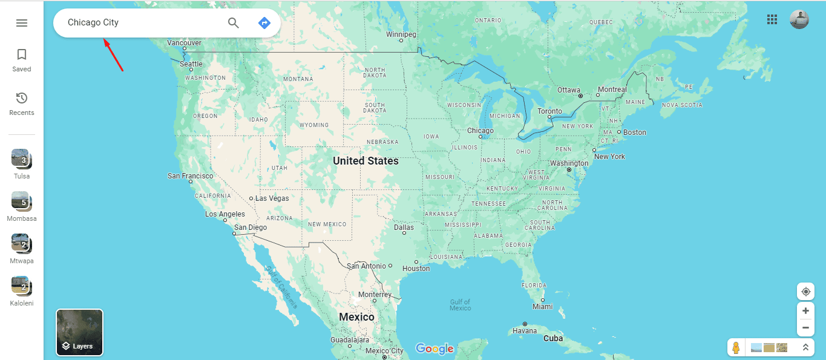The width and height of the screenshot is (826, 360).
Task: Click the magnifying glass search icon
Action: [234, 23]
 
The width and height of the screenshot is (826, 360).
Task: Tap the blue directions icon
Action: [264, 23]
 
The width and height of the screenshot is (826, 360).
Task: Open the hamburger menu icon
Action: [22, 23]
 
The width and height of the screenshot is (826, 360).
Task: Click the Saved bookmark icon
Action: [22, 55]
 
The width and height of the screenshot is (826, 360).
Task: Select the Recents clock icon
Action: [22, 99]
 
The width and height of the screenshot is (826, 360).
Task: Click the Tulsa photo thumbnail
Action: [21, 159]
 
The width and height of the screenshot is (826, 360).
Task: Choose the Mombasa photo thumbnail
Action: [21, 201]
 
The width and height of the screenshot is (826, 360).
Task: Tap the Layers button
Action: [79, 332]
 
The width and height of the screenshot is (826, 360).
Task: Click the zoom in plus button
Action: [805, 311]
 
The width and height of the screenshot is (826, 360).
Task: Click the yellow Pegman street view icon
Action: [736, 348]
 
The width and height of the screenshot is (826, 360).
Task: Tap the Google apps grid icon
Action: [772, 19]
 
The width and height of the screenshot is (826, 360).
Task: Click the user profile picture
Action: [799, 19]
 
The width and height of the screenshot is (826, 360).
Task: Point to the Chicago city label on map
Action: [480, 131]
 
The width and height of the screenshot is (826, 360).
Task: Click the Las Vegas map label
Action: [272, 198]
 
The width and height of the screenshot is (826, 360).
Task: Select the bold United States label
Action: [365, 161]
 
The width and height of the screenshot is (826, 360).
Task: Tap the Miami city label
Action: [543, 307]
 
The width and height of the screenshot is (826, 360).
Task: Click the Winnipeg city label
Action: [401, 34]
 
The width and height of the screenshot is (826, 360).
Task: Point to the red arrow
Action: [113, 55]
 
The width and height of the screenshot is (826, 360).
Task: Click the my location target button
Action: [805, 292]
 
